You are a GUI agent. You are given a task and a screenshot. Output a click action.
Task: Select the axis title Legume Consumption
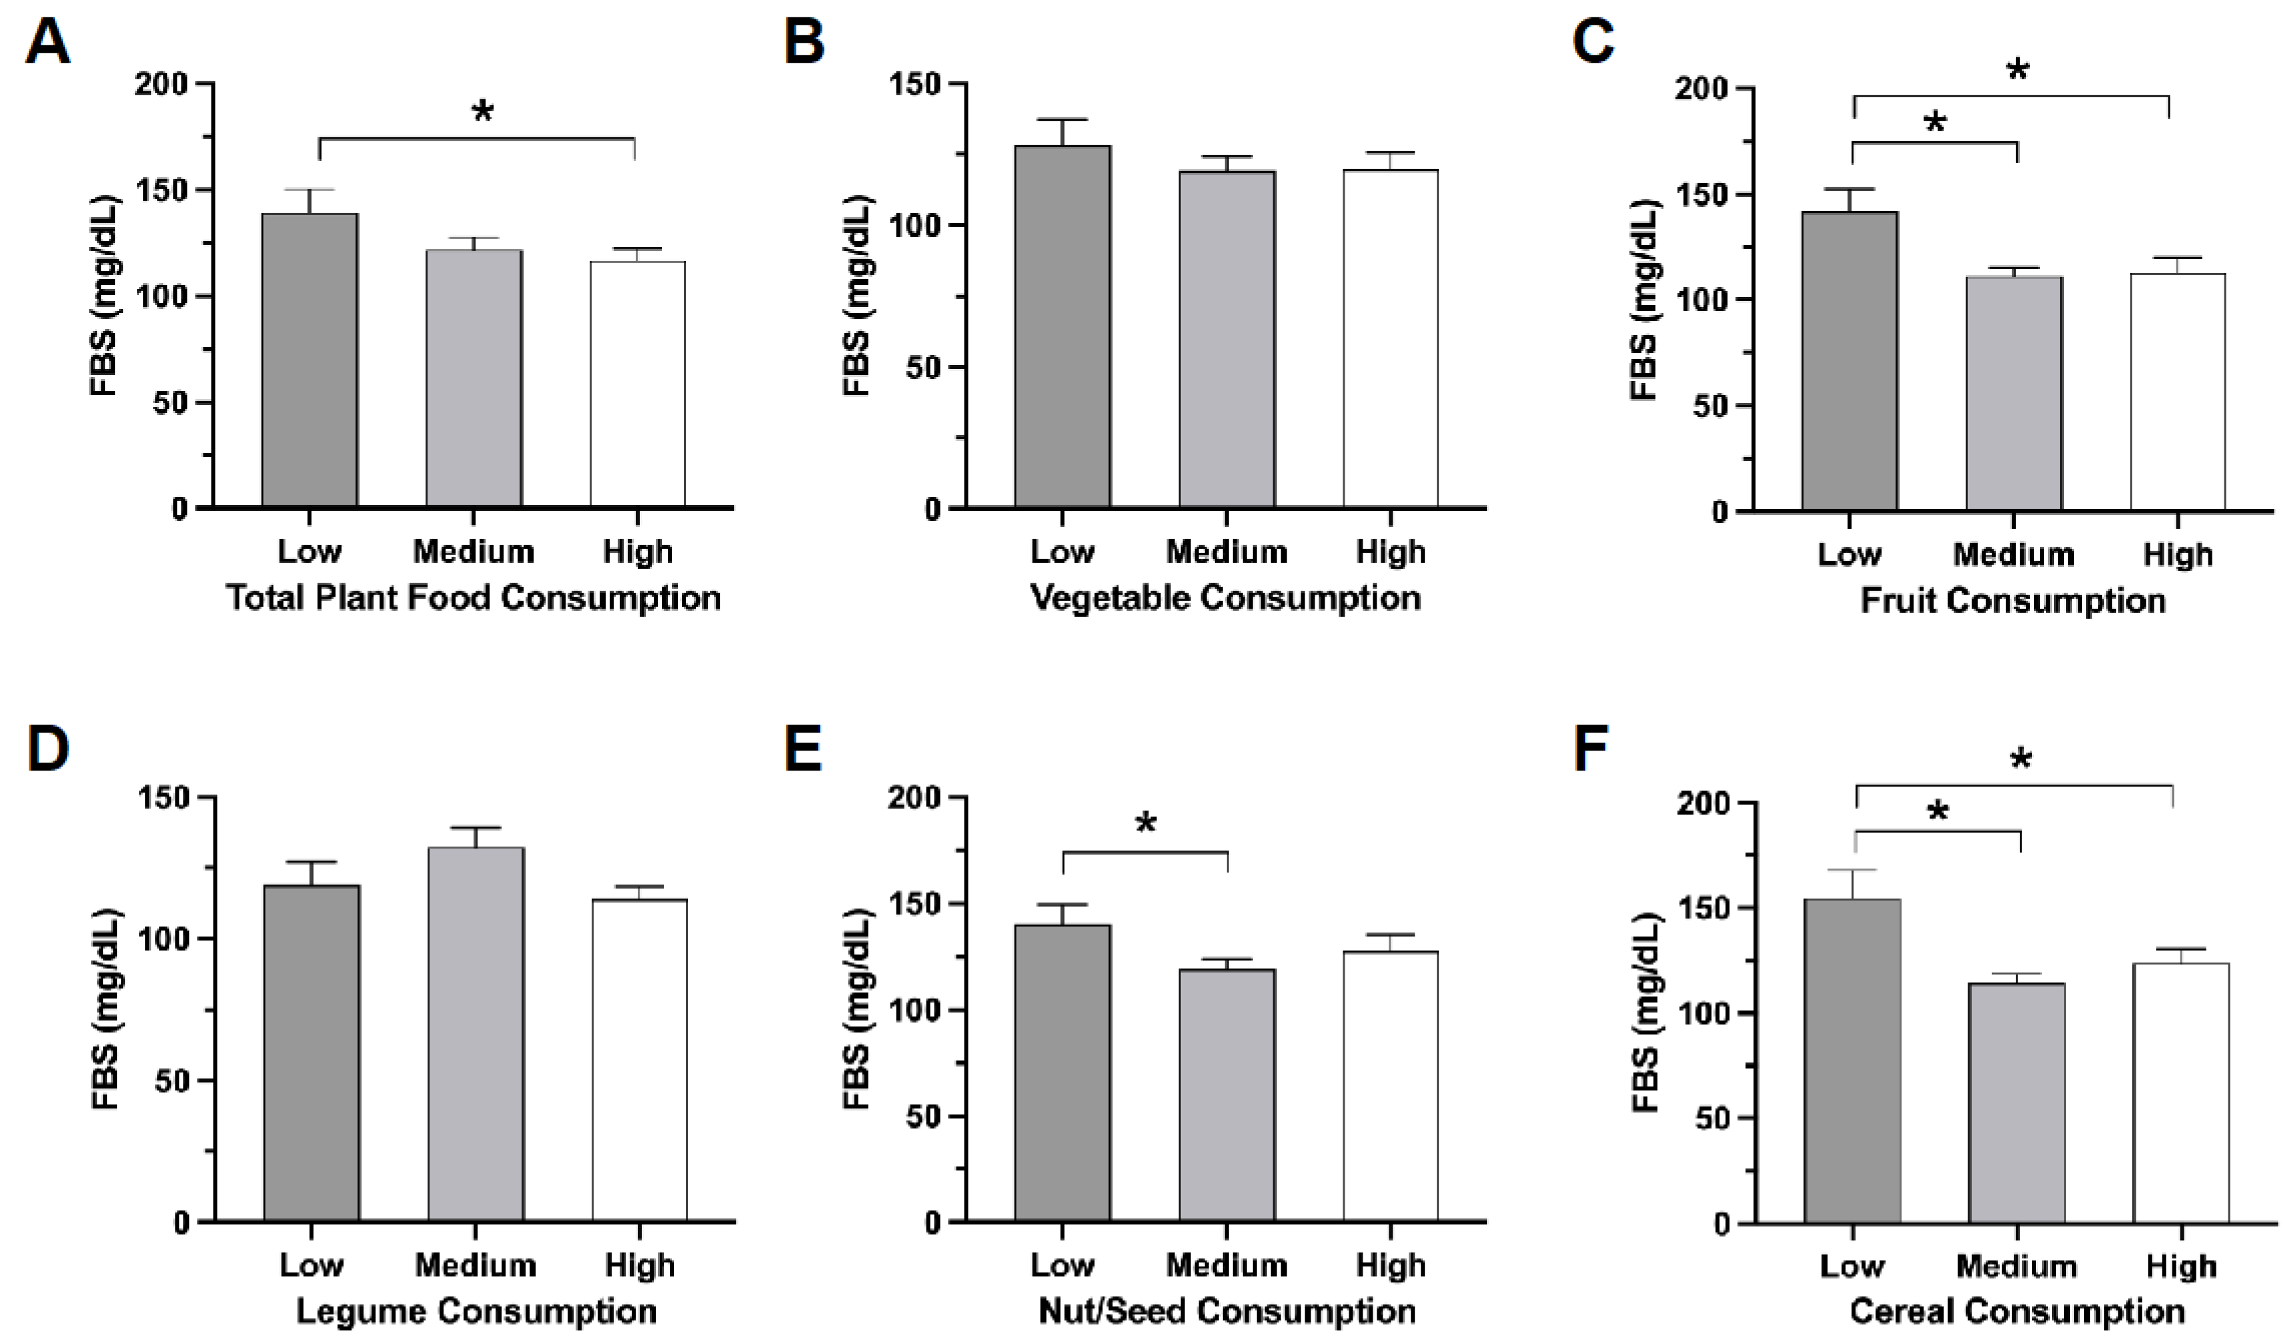point(476,1311)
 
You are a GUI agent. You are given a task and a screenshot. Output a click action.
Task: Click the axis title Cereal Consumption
point(2017,1311)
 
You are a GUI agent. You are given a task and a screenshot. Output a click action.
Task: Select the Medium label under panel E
point(1227,1265)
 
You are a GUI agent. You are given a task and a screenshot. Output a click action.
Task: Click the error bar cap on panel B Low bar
point(1063,119)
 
